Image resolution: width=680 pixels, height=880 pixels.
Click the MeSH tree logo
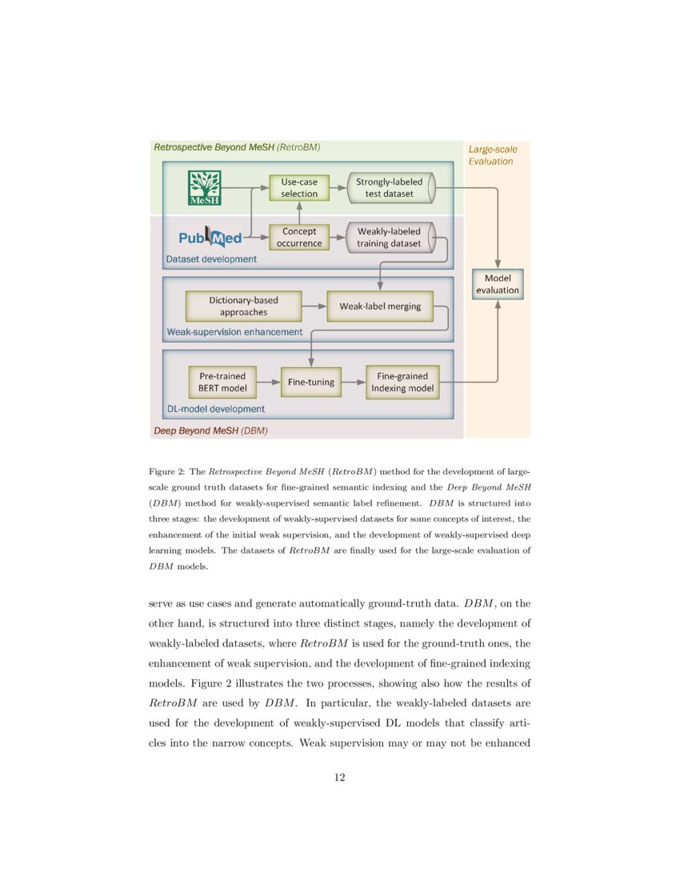204,189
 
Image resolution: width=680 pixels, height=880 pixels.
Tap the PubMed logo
207,238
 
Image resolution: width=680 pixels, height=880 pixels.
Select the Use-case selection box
299,188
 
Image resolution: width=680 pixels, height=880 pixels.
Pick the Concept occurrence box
299,238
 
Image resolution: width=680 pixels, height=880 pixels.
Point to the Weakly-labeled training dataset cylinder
390,238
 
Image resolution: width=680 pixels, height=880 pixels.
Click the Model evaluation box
498,284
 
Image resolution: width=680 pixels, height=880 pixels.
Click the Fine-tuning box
311,382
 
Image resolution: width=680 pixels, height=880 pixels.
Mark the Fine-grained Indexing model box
402,382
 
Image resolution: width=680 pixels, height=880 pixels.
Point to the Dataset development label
211,259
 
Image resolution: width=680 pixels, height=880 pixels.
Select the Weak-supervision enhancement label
234,331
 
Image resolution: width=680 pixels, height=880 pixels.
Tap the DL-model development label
215,409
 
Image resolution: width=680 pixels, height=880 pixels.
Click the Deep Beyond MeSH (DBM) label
209,430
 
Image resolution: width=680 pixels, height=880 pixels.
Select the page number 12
339,777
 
